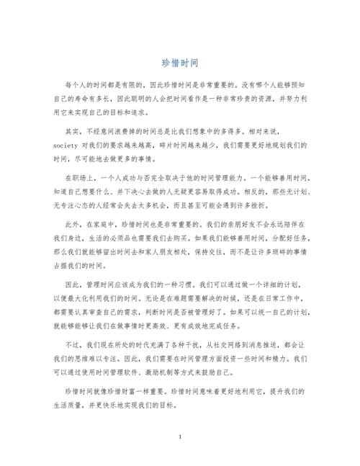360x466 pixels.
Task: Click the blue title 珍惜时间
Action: pos(179,63)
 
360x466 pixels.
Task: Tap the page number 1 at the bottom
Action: pos(179,437)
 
